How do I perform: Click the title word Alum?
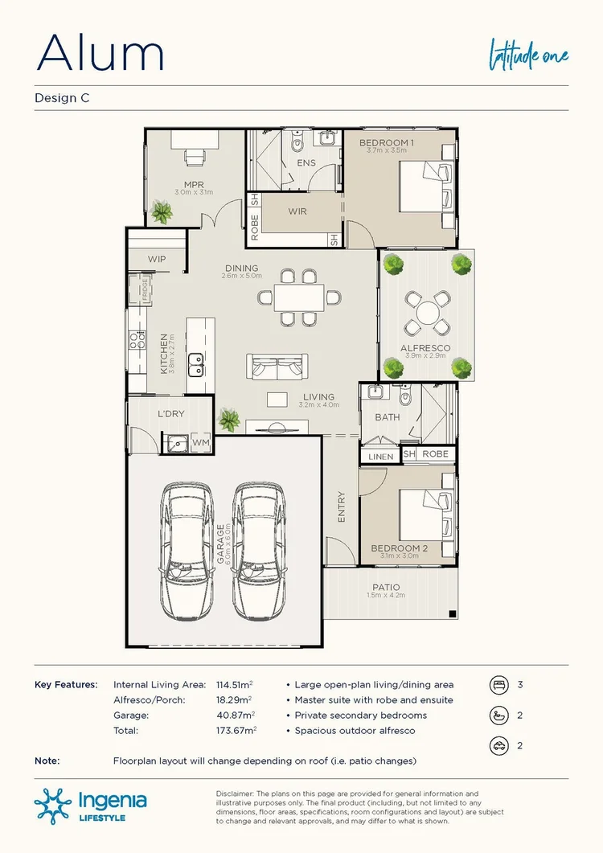pos(100,53)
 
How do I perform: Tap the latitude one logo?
pos(530,55)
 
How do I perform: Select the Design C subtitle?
pos(61,98)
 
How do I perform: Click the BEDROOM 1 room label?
pos(386,143)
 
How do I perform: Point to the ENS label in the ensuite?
pos(306,163)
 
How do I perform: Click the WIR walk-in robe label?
pos(297,212)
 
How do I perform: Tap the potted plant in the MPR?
pos(162,212)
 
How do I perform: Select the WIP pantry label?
pos(156,259)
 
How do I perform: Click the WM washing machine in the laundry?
pos(200,442)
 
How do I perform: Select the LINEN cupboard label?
pos(380,457)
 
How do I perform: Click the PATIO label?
pos(386,588)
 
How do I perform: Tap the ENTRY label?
pos(341,507)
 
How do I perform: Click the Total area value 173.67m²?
pos(236,730)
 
